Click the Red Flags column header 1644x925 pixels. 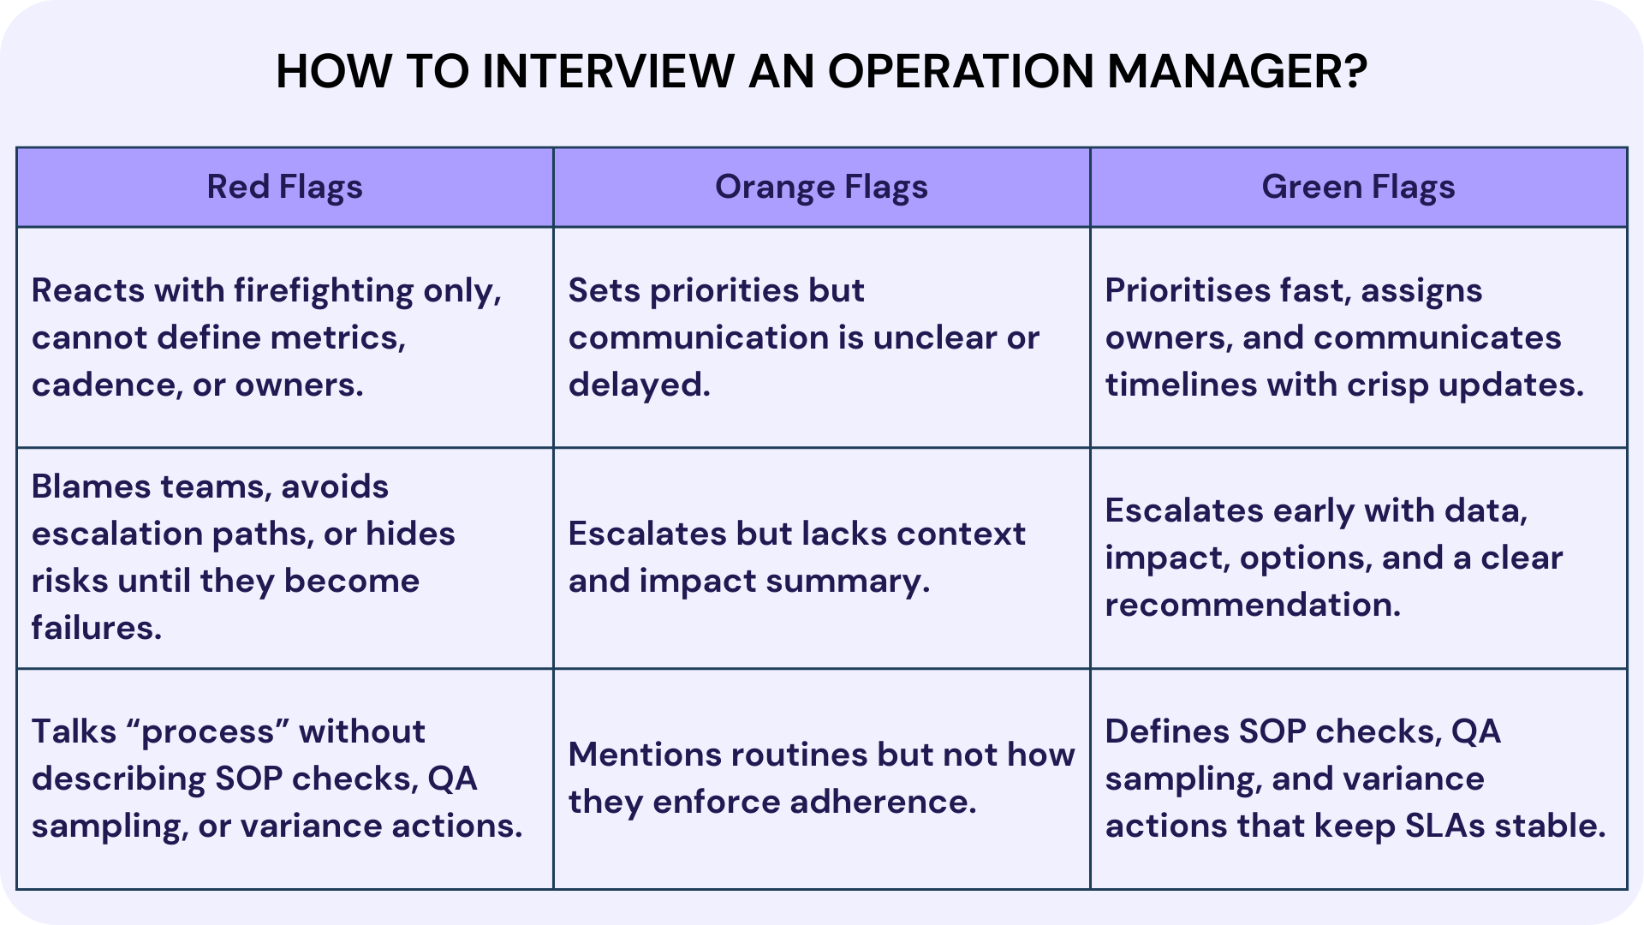tap(284, 187)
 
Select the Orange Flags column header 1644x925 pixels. tap(821, 187)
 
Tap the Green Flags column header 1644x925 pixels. tap(1358, 187)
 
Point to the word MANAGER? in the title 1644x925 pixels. tap(1236, 71)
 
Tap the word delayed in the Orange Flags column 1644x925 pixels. tap(639, 385)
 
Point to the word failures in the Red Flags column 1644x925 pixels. tap(96, 628)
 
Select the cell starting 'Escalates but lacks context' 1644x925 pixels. tap(796, 557)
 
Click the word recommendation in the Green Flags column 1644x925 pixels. tap(1252, 605)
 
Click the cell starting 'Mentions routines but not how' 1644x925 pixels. tap(820, 778)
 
